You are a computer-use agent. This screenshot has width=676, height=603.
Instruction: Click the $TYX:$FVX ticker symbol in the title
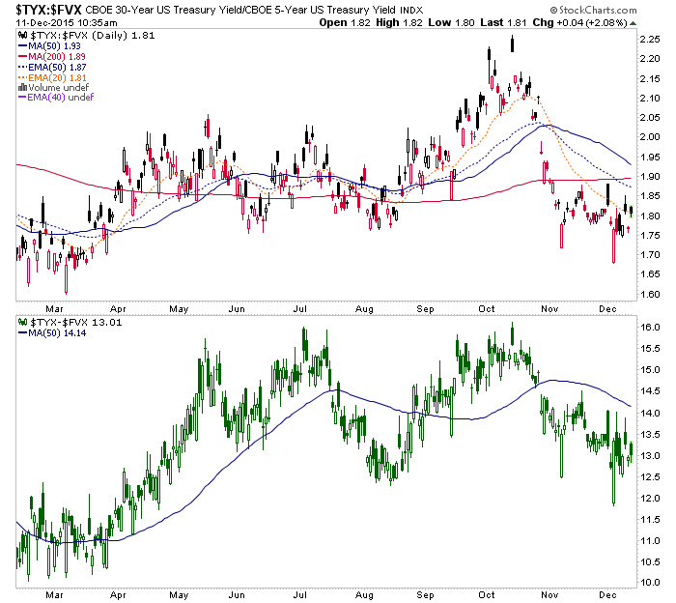[x=46, y=9]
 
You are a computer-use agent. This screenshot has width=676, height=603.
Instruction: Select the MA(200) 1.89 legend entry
[x=50, y=57]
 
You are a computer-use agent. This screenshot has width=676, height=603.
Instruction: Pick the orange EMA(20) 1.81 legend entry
[x=51, y=78]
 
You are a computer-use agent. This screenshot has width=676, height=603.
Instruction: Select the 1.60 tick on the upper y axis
[x=651, y=294]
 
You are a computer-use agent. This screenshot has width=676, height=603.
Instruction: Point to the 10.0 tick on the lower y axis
[x=651, y=584]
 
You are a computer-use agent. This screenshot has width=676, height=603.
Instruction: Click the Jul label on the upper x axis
[x=301, y=308]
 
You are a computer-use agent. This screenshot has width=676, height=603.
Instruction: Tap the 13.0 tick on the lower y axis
[x=651, y=456]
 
